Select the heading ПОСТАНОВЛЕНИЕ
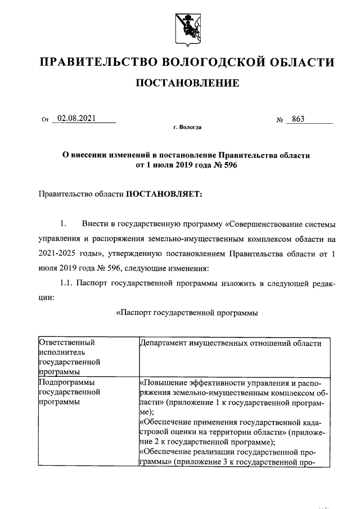(187, 83)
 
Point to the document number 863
(298, 119)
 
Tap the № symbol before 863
(280, 120)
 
